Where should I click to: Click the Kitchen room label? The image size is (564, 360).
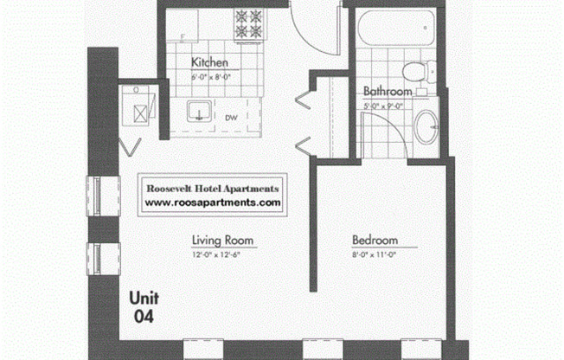(x=209, y=62)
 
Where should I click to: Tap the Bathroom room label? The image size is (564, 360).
(x=386, y=90)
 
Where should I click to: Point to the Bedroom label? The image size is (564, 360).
(x=375, y=240)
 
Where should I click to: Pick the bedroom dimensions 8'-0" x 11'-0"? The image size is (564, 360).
(x=375, y=254)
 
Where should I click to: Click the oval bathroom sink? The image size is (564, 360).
(x=426, y=128)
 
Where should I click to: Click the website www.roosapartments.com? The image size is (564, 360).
(x=213, y=202)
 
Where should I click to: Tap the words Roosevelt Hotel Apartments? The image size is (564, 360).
(x=213, y=187)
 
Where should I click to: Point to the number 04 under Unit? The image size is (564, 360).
(x=144, y=316)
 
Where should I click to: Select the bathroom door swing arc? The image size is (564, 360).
(x=381, y=130)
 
